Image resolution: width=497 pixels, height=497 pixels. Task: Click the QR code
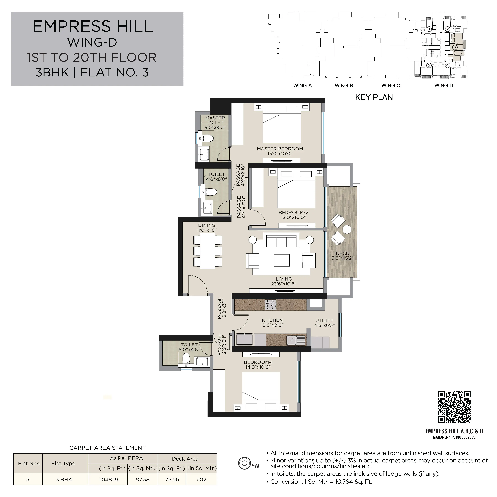click(454, 407)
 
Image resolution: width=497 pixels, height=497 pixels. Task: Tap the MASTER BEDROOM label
click(280, 149)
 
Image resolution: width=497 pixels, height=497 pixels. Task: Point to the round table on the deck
click(347, 230)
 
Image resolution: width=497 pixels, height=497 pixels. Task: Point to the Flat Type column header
click(63, 464)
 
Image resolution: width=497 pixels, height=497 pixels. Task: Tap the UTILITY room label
click(324, 320)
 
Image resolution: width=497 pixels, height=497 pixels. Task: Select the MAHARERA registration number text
click(454, 437)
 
